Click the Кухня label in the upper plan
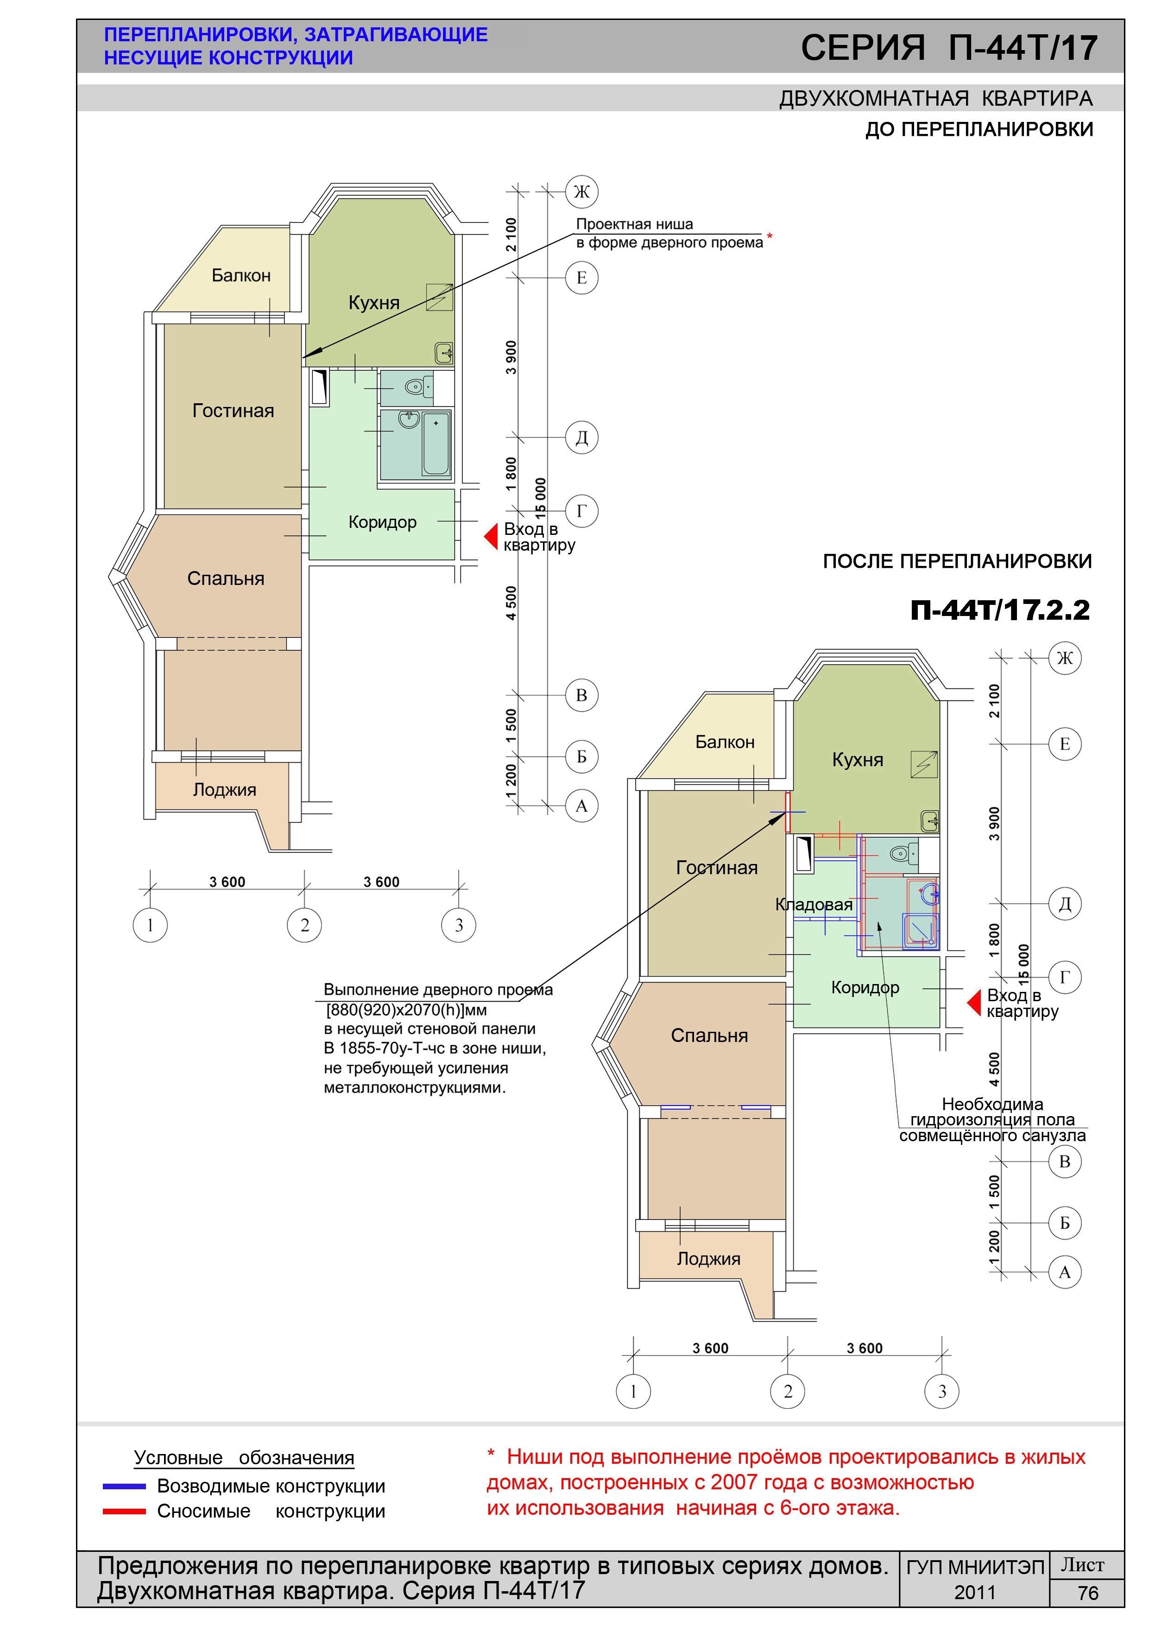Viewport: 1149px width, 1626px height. (374, 303)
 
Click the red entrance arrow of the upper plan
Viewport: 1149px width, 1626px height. (491, 537)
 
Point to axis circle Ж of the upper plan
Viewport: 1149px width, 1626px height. (581, 191)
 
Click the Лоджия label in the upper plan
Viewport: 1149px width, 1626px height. (224, 790)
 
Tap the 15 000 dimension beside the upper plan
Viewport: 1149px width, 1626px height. (541, 499)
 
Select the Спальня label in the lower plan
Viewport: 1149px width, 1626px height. (709, 1035)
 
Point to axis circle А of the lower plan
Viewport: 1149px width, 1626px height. (1064, 1273)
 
